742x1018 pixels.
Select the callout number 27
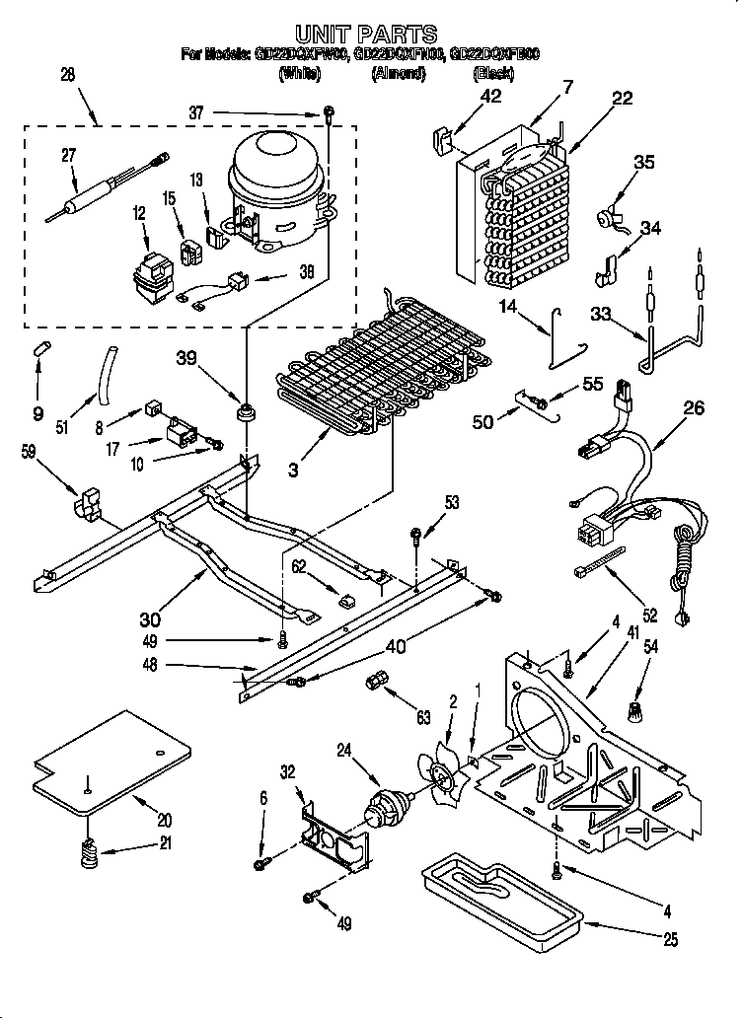[x=68, y=155]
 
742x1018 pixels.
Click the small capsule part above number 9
[x=40, y=346]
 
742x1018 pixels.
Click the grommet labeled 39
[x=242, y=409]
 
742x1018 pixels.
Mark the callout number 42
[x=490, y=96]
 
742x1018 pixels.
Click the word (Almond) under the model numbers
[x=398, y=74]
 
